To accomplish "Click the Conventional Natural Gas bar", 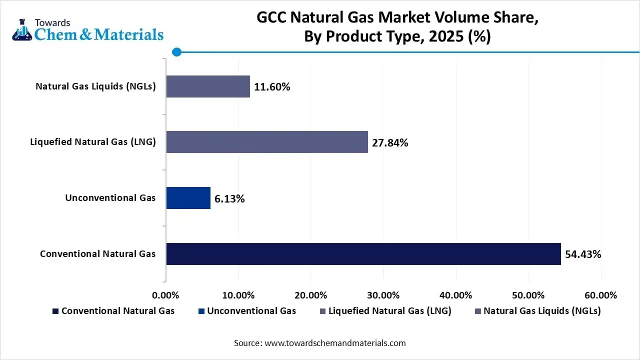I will coord(363,254).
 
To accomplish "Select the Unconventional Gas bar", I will coord(188,198).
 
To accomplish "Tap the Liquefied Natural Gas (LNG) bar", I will coord(267,142).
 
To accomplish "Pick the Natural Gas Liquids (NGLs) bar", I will coord(208,86).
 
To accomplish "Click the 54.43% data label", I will coord(583,254).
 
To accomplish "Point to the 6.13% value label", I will coord(229,199).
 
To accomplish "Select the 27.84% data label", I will coord(390,143).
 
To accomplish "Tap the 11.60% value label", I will coord(272,87).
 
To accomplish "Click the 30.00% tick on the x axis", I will coord(383,295).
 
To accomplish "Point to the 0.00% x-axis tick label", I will coord(165,295).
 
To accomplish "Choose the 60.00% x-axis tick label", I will coord(600,295).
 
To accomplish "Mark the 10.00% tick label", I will coord(238,295).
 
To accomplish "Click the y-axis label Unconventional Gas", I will coord(110,198).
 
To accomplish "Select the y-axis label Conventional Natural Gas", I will coord(97,254).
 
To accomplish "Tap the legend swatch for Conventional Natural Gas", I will coord(55,311).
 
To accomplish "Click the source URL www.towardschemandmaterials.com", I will coord(335,343).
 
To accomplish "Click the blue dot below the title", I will coord(176,52).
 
